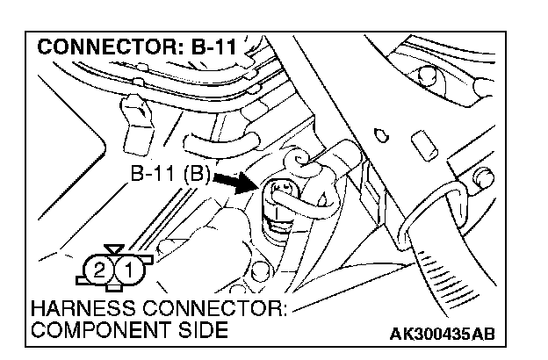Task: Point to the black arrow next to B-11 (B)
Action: coord(234,179)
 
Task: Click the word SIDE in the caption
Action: coord(203,330)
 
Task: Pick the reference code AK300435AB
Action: coord(443,333)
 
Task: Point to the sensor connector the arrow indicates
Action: coord(283,198)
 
